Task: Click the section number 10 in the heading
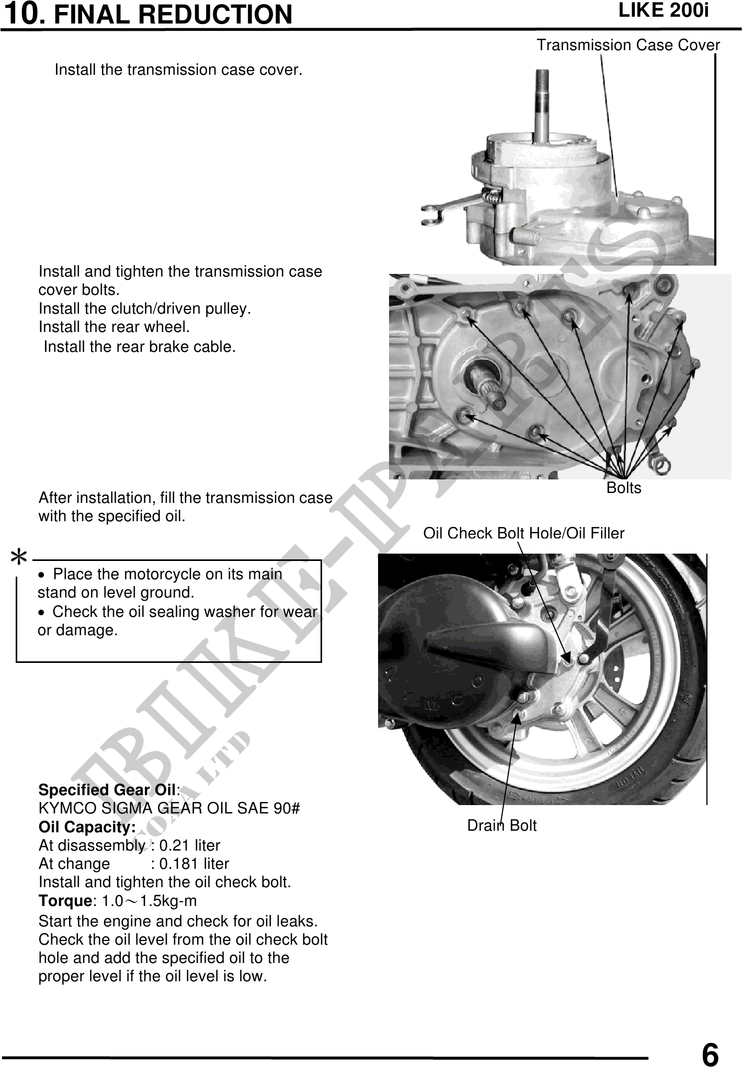[24, 13]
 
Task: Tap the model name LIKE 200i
[664, 10]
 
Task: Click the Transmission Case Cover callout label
[628, 45]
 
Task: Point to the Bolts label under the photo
[624, 488]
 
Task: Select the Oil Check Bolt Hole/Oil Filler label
[523, 533]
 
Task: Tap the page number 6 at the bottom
[710, 1052]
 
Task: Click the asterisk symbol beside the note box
[19, 557]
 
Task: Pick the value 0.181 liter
[194, 864]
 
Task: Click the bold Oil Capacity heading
[87, 827]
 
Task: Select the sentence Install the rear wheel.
[114, 327]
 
